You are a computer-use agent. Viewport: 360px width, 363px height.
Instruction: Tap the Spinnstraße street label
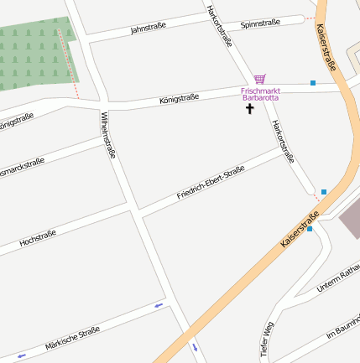[x=260, y=23]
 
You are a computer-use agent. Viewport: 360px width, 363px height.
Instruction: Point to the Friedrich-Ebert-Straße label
[x=211, y=183]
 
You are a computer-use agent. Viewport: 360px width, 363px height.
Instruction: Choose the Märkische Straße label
[x=73, y=338]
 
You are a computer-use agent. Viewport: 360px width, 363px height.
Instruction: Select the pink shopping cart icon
[x=260, y=79]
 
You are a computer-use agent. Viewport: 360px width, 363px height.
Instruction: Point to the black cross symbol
[x=249, y=109]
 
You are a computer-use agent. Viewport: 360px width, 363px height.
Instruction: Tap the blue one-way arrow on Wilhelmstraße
[x=195, y=345]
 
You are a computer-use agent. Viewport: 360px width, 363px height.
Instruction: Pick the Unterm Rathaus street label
[x=337, y=280]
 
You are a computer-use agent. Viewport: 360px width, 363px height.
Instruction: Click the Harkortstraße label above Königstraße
[x=219, y=25]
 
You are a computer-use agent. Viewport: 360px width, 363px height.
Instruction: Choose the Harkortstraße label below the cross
[x=284, y=140]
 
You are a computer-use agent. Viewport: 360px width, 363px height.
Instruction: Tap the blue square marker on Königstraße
[x=313, y=83]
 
